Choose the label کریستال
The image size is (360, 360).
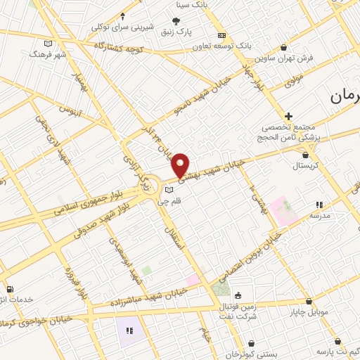(304, 167)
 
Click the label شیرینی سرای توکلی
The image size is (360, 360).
(124, 27)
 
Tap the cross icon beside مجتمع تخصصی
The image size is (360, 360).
(288, 115)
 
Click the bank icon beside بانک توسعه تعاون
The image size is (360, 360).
(221, 35)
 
